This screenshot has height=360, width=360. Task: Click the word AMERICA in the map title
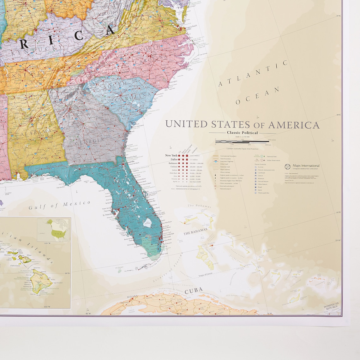[x=294, y=125]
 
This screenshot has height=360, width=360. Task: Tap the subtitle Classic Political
[x=242, y=133]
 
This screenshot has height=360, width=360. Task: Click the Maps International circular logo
[x=287, y=166]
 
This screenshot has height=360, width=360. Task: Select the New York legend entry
[x=171, y=155]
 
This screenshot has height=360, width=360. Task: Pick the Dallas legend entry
[x=173, y=159]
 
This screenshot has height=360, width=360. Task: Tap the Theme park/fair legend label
[x=263, y=193]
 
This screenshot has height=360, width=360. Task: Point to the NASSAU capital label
[x=211, y=243]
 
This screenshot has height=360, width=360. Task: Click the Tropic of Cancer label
[x=205, y=275]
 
